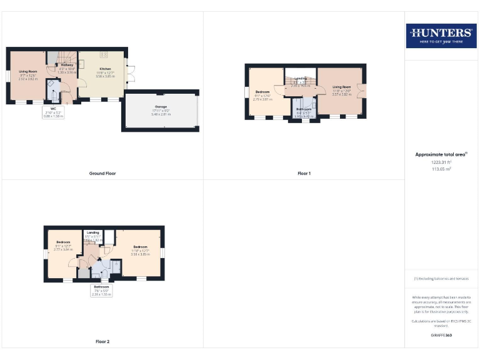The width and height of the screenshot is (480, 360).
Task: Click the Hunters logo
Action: tap(441, 36)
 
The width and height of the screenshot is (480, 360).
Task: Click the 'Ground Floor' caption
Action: tap(102, 173)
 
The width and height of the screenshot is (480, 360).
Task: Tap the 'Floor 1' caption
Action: tap(304, 173)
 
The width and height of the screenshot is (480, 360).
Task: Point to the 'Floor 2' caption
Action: tap(102, 341)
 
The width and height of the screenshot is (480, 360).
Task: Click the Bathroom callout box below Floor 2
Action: tap(101, 291)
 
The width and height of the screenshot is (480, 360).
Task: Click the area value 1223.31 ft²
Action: tap(441, 161)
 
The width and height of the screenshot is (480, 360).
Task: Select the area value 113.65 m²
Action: tap(441, 169)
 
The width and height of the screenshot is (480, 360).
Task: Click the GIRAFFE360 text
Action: tap(441, 336)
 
